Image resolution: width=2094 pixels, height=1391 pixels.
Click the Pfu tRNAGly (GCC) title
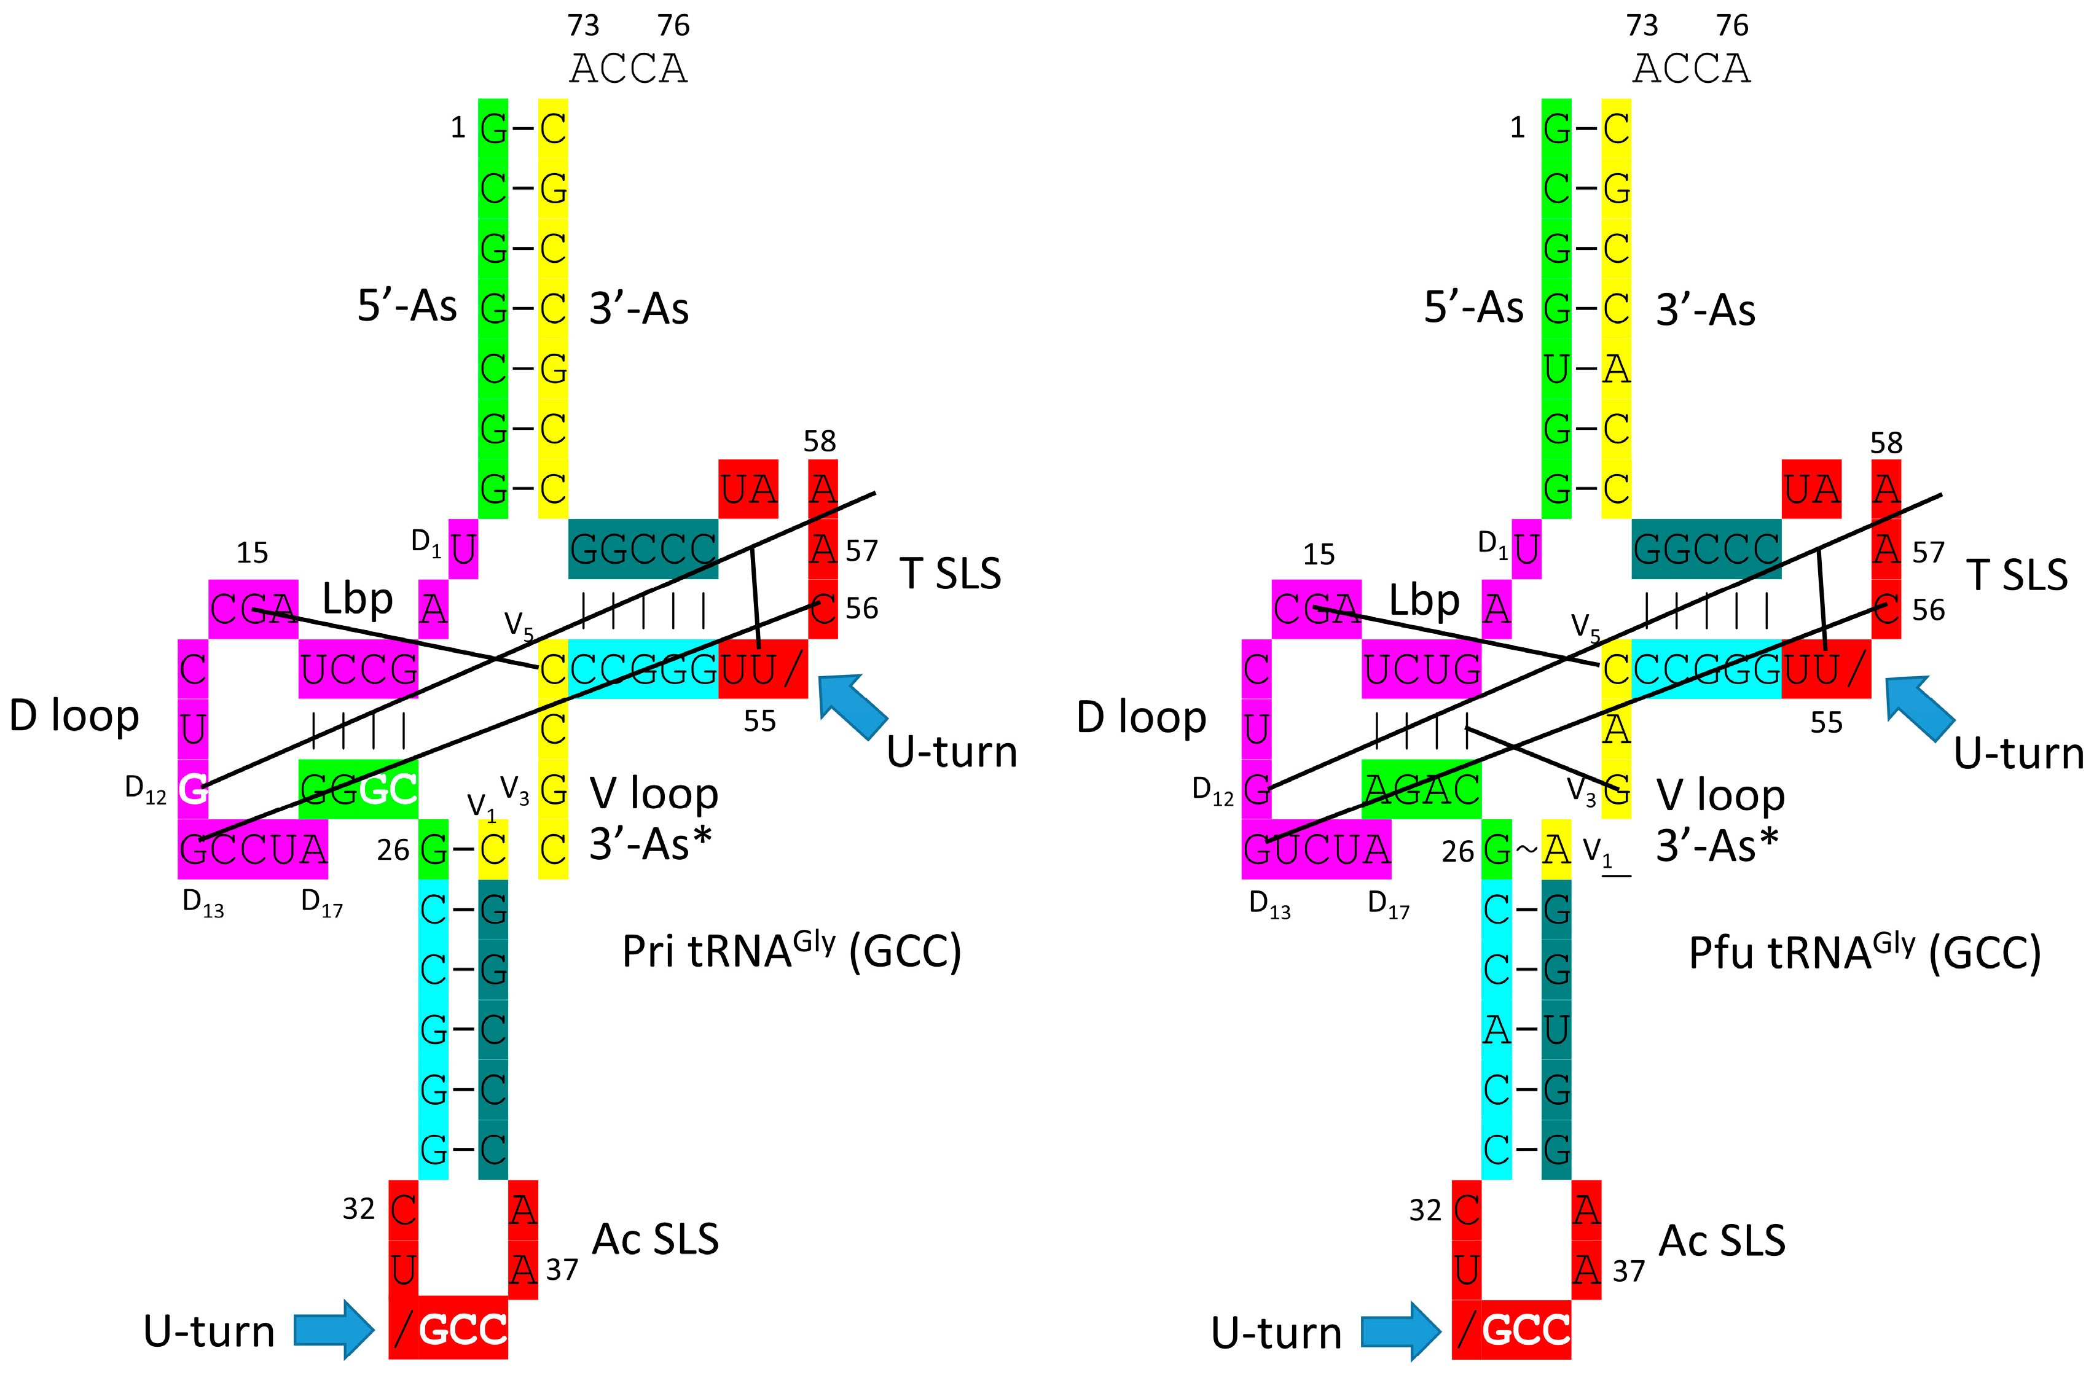pyautogui.click(x=1864, y=954)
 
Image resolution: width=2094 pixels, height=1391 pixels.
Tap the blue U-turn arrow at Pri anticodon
pyautogui.click(x=334, y=1329)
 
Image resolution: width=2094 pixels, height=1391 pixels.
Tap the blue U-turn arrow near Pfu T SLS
pyautogui.click(x=1919, y=707)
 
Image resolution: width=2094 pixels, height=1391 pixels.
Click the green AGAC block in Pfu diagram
pyautogui.click(x=1421, y=789)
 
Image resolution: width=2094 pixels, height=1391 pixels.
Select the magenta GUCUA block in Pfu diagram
pyautogui.click(x=1316, y=849)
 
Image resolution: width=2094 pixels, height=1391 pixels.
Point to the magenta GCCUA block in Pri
pyautogui.click(x=253, y=849)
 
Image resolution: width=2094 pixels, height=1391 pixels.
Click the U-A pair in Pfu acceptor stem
pyautogui.click(x=1586, y=368)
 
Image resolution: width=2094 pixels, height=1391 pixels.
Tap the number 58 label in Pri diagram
pyautogui.click(x=819, y=441)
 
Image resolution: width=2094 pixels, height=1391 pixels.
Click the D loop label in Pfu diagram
pyautogui.click(x=1141, y=717)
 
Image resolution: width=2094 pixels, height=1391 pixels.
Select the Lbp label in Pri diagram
pyautogui.click(x=358, y=599)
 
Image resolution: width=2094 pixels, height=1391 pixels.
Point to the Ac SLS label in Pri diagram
pyautogui.click(x=655, y=1239)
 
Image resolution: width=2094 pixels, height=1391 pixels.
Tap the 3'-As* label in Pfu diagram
pyautogui.click(x=1717, y=846)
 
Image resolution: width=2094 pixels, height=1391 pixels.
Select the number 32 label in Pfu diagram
pyautogui.click(x=1425, y=1210)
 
